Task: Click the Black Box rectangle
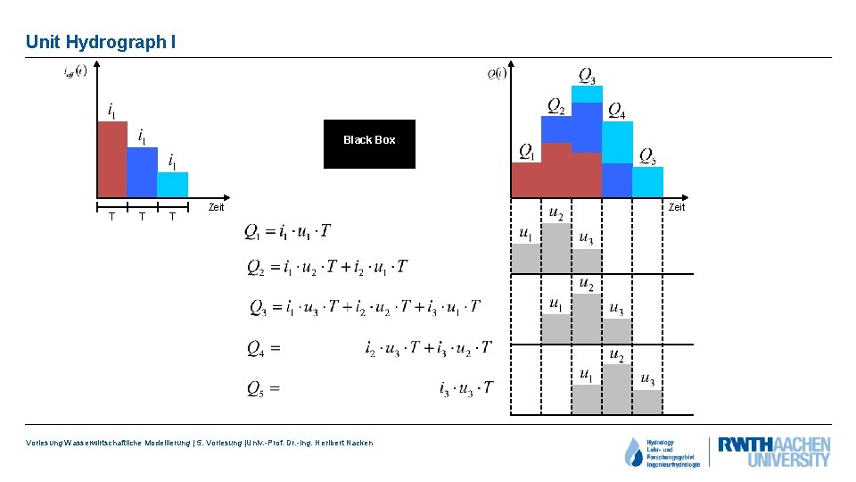point(368,144)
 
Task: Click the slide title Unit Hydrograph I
point(95,42)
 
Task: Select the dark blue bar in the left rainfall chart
point(142,172)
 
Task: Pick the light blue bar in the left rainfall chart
point(172,185)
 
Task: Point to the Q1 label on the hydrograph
point(527,152)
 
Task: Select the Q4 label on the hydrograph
point(616,110)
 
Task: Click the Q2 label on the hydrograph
point(556,106)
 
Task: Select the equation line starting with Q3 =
point(366,308)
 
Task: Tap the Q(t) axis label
point(497,73)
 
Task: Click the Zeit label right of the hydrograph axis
point(677,207)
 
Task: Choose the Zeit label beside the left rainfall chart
point(216,207)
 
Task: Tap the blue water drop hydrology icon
point(633,453)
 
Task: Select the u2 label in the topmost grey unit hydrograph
point(556,213)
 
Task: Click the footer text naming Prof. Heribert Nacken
point(201,443)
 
